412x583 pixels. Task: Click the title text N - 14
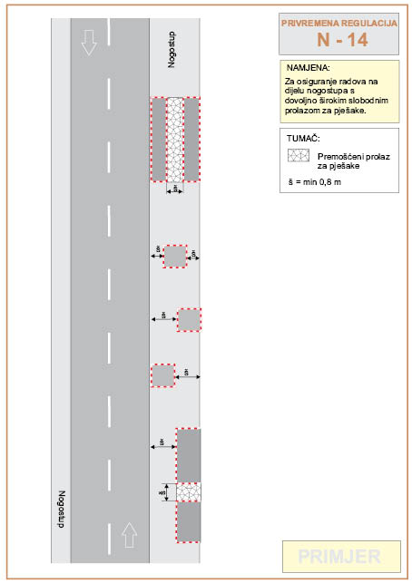point(342,40)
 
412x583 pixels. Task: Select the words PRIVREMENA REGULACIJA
point(339,23)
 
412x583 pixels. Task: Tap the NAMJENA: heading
point(309,68)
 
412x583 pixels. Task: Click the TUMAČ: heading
point(303,139)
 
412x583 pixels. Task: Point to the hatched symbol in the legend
point(299,155)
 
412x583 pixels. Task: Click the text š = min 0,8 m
point(314,182)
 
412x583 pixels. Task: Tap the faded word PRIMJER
point(339,557)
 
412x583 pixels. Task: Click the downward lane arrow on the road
point(89,43)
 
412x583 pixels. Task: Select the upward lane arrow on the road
point(129,535)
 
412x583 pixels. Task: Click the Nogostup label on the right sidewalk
point(172,50)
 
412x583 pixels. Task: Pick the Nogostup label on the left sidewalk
point(62,510)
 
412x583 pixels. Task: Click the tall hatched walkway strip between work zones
point(175,140)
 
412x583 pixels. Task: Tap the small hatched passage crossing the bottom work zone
point(189,492)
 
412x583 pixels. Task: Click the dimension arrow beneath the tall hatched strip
point(175,191)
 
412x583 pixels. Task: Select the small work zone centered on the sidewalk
point(175,257)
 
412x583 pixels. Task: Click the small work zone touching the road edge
point(162,375)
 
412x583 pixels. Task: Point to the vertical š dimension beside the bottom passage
point(167,492)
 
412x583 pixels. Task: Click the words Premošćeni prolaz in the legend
point(354,157)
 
